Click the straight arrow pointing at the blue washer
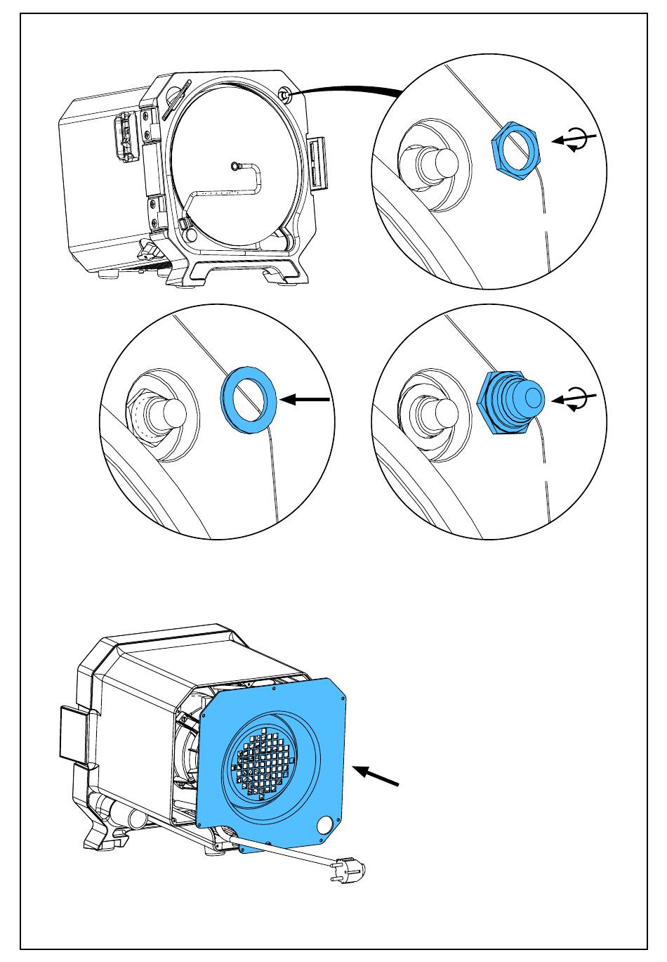point(305,400)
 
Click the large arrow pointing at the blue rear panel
point(376,776)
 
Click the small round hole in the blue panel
point(325,824)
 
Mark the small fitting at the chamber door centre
point(235,166)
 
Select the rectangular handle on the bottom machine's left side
point(74,733)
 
